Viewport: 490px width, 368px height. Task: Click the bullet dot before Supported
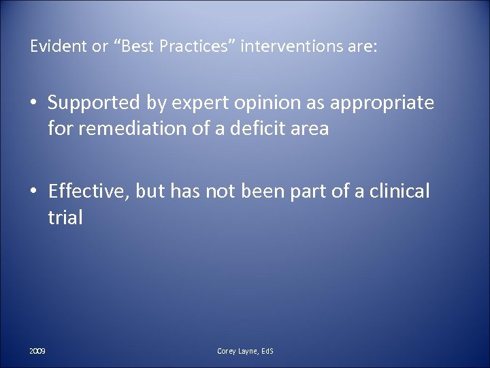coord(35,104)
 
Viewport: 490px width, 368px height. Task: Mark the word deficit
coord(262,128)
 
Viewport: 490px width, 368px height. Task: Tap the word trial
coord(65,217)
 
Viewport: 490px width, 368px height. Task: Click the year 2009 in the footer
coord(37,350)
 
